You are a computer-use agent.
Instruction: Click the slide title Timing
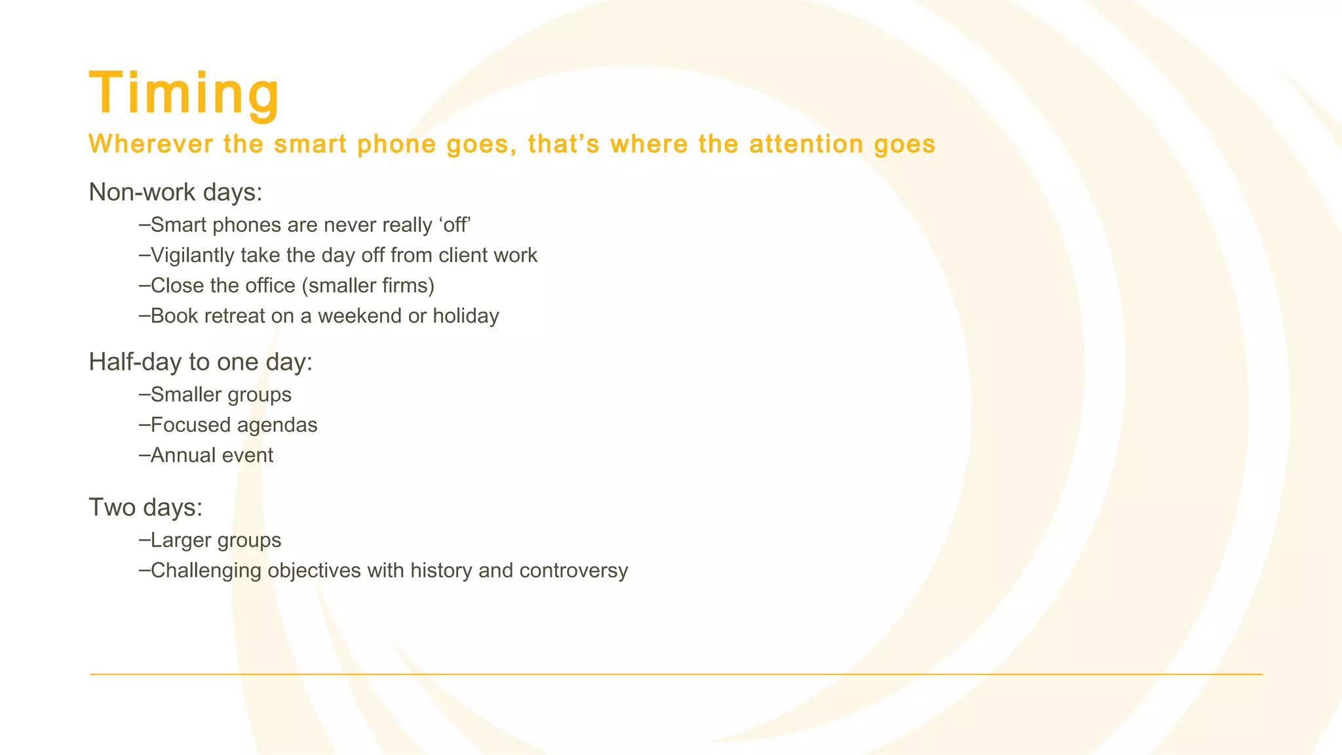point(184,94)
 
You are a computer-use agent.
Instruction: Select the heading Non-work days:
point(176,192)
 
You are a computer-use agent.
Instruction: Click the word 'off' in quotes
point(455,225)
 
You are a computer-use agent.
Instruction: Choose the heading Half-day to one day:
point(201,362)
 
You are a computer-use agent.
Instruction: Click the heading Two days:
point(145,507)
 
